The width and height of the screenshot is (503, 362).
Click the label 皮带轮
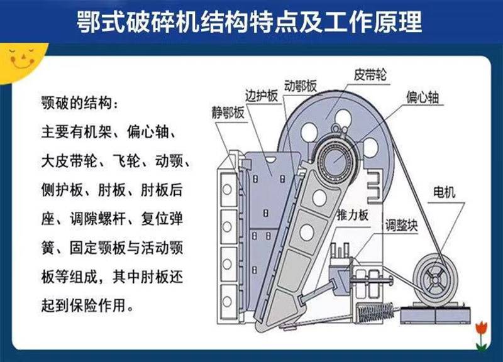(x=370, y=75)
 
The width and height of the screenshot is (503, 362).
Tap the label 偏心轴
(x=422, y=97)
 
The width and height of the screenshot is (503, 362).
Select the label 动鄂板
(x=301, y=85)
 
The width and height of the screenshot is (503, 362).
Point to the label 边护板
(x=262, y=96)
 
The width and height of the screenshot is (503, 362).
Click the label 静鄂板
(x=228, y=112)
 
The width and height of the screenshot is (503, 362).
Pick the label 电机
(x=444, y=192)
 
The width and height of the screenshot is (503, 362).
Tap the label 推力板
(x=352, y=215)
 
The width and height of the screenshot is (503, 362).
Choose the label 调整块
(x=401, y=226)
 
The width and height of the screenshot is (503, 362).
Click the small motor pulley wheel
(x=435, y=280)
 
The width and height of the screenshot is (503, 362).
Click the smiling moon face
(x=20, y=59)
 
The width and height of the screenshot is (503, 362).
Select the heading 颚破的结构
(x=75, y=103)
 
